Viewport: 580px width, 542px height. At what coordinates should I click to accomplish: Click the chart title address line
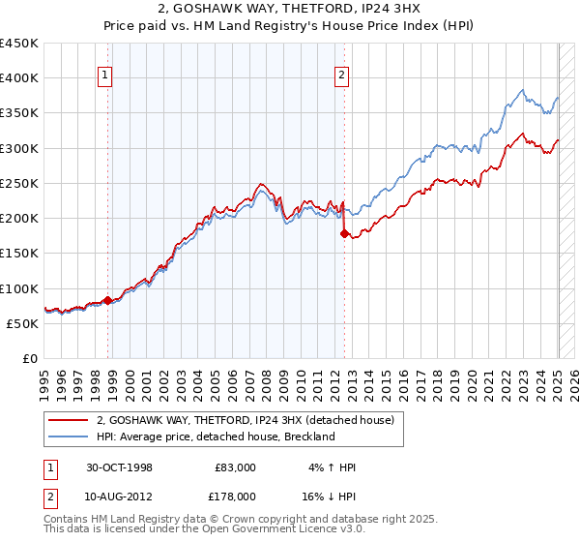290,11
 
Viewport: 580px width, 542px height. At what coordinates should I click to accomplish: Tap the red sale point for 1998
107,300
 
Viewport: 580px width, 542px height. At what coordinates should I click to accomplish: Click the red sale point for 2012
344,233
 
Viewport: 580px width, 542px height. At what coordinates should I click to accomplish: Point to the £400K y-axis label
19,78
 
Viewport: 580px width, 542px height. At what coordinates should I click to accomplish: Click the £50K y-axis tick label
23,323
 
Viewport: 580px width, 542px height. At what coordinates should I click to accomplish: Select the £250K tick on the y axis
19,183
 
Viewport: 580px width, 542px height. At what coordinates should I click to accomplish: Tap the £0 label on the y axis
31,358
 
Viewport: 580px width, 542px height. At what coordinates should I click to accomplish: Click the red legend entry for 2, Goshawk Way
245,421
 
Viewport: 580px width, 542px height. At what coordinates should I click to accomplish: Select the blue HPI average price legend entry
215,437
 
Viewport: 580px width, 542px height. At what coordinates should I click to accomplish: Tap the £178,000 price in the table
236,496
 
